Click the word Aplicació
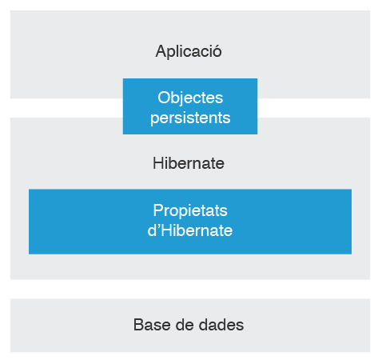point(189,51)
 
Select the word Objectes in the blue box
point(190,98)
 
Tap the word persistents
point(190,118)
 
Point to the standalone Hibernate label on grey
point(189,163)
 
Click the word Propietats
point(190,210)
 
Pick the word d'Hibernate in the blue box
point(190,230)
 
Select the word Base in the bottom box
point(152,325)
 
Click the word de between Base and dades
point(185,325)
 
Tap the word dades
point(221,325)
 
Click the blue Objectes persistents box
point(190,106)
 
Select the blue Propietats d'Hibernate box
point(190,222)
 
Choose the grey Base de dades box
point(190,326)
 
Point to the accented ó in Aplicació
point(217,51)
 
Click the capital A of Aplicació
point(161,51)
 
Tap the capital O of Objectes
point(164,98)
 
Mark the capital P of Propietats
point(157,210)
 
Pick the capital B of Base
point(138,325)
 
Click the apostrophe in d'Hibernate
point(157,226)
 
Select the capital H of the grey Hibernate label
point(158,163)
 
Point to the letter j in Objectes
point(184,98)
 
